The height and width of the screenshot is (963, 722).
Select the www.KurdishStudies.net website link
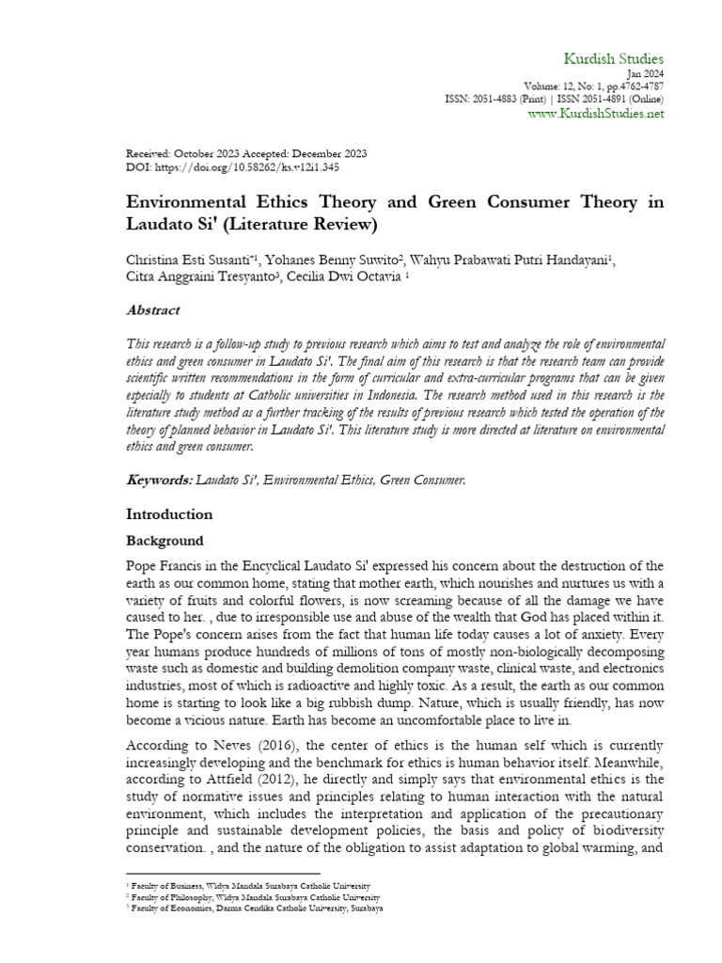pos(596,113)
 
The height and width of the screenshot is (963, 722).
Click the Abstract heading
pos(153,310)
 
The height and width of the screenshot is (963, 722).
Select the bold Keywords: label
pos(159,480)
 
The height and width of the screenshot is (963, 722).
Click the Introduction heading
pos(169,514)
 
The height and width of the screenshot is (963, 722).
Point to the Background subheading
pos(165,542)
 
